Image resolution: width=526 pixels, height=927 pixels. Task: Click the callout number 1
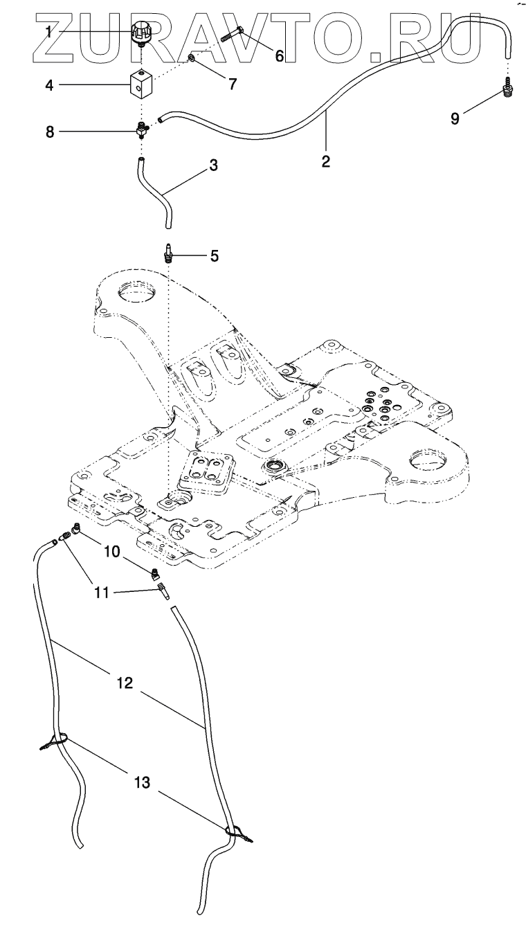tap(49, 31)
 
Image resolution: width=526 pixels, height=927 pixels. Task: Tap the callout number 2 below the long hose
tap(326, 162)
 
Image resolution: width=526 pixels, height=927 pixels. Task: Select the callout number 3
tap(214, 165)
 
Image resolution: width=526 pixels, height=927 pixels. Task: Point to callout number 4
tap(49, 85)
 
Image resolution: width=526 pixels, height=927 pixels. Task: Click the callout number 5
tap(215, 256)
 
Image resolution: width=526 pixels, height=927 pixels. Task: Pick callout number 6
tap(280, 56)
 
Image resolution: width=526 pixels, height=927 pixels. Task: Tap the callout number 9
tap(455, 118)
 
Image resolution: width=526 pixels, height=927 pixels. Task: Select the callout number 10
tap(112, 552)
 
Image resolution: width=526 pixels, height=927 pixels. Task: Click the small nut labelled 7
tap(191, 60)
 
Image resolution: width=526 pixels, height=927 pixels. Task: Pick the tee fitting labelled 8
tap(143, 129)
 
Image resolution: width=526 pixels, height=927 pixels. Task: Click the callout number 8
tap(49, 132)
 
